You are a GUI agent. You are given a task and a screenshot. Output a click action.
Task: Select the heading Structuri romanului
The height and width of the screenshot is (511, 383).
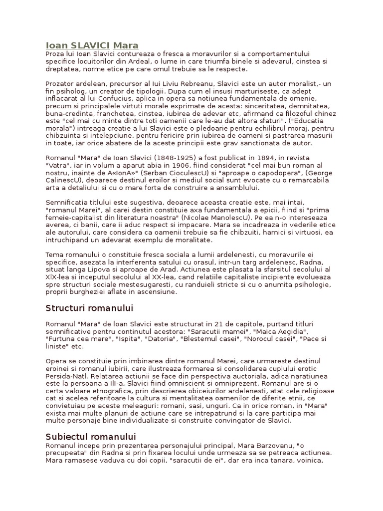89,307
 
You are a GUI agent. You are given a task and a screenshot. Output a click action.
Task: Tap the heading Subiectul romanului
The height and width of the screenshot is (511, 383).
91,437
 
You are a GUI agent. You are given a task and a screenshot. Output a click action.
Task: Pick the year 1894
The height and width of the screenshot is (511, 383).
248,157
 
